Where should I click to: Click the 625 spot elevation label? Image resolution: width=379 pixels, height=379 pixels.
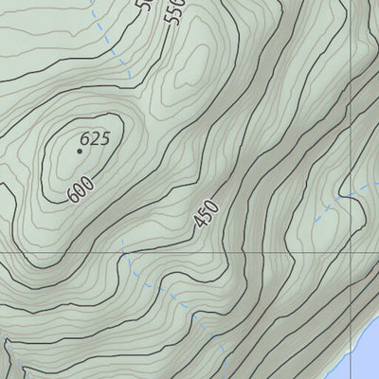click(95, 138)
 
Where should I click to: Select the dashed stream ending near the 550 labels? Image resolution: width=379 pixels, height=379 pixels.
click(109, 47)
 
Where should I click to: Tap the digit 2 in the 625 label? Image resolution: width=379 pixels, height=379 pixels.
click(95, 138)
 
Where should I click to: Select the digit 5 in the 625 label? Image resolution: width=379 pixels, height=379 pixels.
click(104, 138)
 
